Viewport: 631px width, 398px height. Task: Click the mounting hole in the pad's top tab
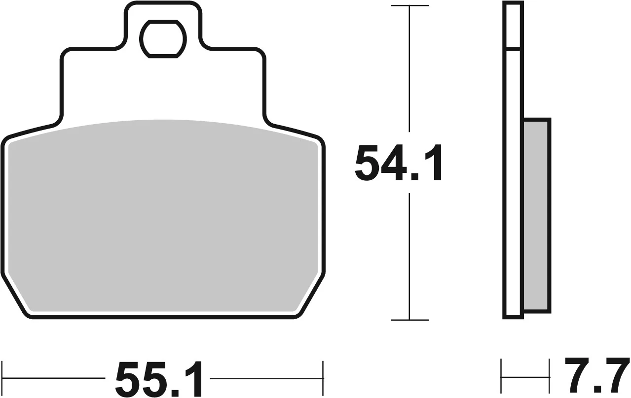162,38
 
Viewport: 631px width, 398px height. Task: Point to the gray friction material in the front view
163,217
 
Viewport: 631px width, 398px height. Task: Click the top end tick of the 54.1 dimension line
409,5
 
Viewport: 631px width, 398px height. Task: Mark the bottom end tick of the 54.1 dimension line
409,320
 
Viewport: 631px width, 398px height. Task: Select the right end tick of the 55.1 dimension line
323,378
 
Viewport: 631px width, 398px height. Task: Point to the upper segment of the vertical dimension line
409,74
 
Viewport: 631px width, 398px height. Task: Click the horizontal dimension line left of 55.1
54,378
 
